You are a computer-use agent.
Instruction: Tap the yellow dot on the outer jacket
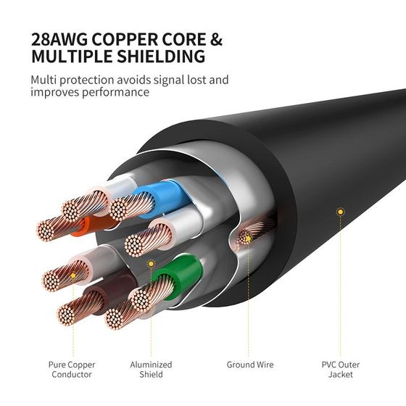[x=339, y=212]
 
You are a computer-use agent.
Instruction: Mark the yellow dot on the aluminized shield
[x=151, y=264]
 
